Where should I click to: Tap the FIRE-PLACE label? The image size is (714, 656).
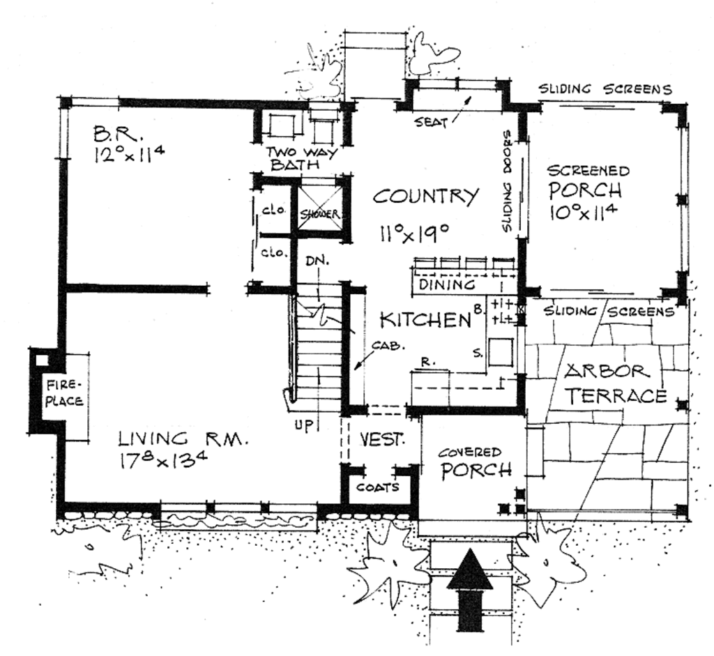click(x=65, y=393)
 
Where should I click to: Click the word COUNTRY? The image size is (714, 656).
click(x=426, y=196)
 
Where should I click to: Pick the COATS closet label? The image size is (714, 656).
click(x=379, y=487)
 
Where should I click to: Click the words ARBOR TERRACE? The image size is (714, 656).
click(x=614, y=383)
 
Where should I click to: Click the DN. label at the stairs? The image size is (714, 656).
click(x=314, y=259)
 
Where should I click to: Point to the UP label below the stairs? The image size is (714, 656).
click(x=302, y=424)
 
